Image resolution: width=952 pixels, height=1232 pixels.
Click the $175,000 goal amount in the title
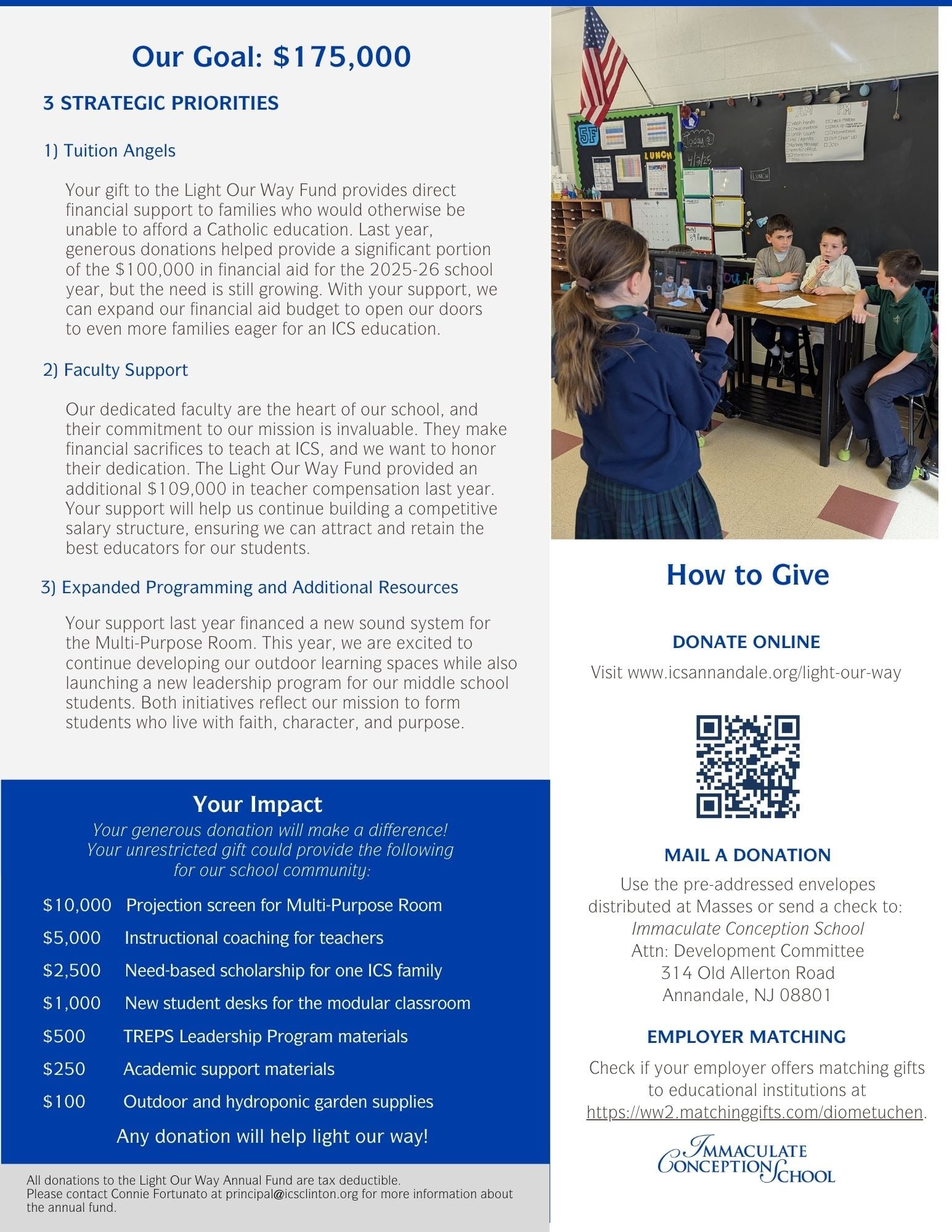pyautogui.click(x=341, y=57)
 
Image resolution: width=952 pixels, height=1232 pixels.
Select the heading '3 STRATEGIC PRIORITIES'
pyautogui.click(x=161, y=103)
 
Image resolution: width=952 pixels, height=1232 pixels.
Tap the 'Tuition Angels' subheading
pyautogui.click(x=119, y=151)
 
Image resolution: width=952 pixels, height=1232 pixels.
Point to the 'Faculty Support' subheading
pyautogui.click(x=126, y=370)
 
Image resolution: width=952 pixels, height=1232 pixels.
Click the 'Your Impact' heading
pyautogui.click(x=257, y=804)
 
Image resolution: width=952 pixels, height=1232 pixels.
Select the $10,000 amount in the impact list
pyautogui.click(x=77, y=906)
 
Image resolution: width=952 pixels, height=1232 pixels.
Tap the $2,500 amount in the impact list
pyautogui.click(x=71, y=971)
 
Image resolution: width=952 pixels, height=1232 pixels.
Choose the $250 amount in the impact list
pyautogui.click(x=64, y=1069)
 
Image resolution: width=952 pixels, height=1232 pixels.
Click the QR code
pyautogui.click(x=747, y=766)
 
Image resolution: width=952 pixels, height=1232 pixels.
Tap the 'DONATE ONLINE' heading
pyautogui.click(x=746, y=642)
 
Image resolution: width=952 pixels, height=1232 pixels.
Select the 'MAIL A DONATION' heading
pyautogui.click(x=747, y=855)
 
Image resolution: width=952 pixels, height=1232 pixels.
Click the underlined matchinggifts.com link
pyautogui.click(x=754, y=1112)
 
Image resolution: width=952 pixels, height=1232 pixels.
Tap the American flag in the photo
pyautogui.click(x=601, y=68)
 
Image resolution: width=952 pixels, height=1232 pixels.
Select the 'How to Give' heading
pyautogui.click(x=747, y=575)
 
